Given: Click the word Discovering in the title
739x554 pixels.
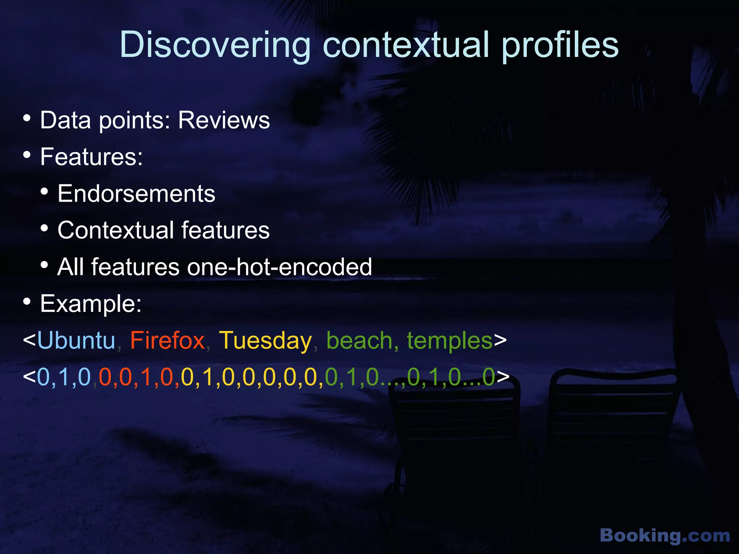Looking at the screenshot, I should click(x=215, y=45).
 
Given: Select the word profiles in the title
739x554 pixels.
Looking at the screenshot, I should click(x=560, y=45).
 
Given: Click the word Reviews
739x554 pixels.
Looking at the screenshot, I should click(x=224, y=120).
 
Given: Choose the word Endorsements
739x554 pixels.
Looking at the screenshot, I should click(x=136, y=194).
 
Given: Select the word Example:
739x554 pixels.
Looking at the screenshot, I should click(x=91, y=304).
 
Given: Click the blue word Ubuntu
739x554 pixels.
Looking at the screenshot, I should click(x=76, y=340).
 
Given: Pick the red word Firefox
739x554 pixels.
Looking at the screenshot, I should click(x=167, y=340).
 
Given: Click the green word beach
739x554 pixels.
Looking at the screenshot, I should click(x=359, y=340).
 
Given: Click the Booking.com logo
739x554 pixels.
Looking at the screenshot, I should click(x=665, y=535).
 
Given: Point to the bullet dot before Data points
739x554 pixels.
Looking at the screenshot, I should click(x=27, y=118).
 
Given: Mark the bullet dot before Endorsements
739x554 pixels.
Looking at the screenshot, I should click(x=44, y=192).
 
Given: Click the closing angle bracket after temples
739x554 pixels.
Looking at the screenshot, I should click(x=500, y=340).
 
